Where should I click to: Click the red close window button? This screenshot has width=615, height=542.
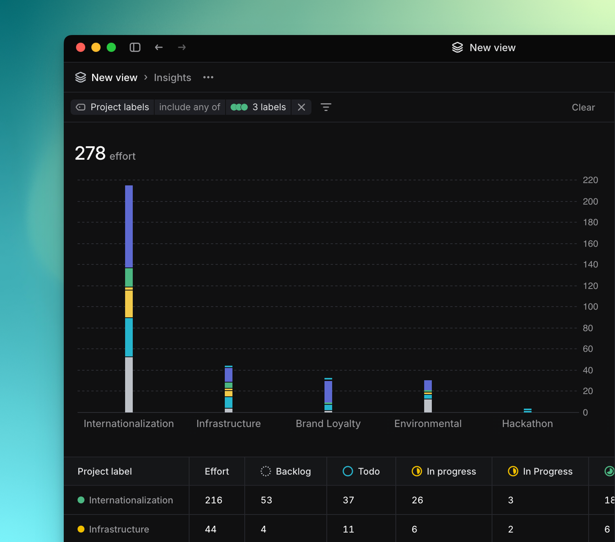click(81, 48)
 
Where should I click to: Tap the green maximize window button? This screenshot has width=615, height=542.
click(111, 48)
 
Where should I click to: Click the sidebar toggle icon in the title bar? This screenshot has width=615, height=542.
click(135, 48)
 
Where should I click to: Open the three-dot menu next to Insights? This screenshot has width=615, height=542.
click(208, 78)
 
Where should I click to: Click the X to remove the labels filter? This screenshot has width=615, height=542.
click(301, 107)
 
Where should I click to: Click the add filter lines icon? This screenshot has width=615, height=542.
click(326, 107)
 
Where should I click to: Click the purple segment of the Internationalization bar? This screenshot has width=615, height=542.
click(129, 226)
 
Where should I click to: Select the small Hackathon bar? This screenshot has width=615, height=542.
click(527, 410)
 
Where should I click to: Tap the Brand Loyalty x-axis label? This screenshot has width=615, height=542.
click(328, 423)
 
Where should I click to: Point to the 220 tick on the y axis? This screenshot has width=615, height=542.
click(590, 180)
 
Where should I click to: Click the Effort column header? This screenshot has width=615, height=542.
click(217, 471)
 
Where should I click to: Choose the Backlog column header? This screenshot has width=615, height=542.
click(293, 471)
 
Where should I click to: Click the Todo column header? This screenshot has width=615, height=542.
click(369, 471)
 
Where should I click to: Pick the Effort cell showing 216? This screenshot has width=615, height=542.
click(214, 500)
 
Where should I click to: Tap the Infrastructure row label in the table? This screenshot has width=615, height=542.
click(119, 529)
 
